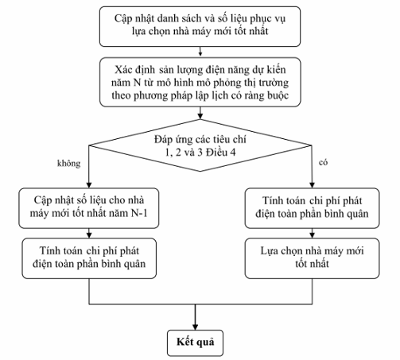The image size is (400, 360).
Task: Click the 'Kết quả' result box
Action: pyautogui.click(x=195, y=343)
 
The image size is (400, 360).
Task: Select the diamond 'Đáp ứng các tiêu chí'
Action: pyautogui.click(x=200, y=145)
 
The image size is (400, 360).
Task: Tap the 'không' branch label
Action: pyautogui.click(x=68, y=164)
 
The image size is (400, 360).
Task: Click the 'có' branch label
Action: pyautogui.click(x=323, y=162)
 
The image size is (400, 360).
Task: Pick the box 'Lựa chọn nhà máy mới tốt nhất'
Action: pyautogui.click(x=312, y=258)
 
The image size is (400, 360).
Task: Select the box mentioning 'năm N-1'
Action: pyautogui.click(x=89, y=208)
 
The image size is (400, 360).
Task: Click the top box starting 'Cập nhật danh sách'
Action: pyautogui.click(x=200, y=26)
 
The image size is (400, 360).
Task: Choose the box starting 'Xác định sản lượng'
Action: pyautogui.click(x=200, y=82)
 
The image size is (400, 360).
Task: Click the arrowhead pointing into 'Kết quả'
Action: pyautogui.click(x=196, y=327)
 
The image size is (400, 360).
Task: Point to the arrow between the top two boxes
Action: pyautogui.click(x=200, y=52)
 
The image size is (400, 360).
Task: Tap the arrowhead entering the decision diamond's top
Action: pyautogui.click(x=200, y=116)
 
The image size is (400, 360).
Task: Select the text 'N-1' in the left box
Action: pyautogui.click(x=139, y=213)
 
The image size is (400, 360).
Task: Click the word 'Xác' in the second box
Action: pyautogui.click(x=124, y=70)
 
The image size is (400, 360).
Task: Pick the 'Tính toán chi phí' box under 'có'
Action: pyautogui.click(x=312, y=208)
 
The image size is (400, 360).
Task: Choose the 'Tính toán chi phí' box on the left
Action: pyautogui.click(x=89, y=258)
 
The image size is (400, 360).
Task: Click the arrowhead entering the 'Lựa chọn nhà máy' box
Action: pyautogui.click(x=312, y=235)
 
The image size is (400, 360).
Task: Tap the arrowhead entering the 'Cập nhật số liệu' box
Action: pyautogui.click(x=89, y=185)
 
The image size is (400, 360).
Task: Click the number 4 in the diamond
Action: pyautogui.click(x=232, y=153)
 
